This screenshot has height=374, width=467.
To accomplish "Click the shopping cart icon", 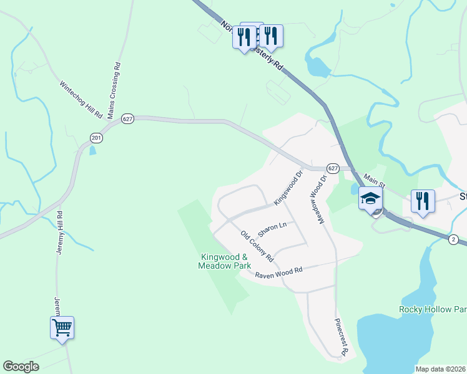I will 62,327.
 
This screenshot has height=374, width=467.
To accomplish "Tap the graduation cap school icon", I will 370,198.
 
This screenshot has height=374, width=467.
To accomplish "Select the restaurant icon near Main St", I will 423,201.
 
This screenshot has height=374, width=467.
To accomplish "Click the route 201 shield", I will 96,137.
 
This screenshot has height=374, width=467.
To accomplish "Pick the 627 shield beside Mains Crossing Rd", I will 127,118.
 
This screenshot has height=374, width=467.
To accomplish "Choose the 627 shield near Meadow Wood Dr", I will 332,168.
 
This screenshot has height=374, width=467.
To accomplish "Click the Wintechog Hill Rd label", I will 81,100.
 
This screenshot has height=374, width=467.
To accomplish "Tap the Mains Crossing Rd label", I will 114,90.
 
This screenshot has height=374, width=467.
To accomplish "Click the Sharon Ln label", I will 272,228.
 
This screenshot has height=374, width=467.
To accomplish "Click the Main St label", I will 376,181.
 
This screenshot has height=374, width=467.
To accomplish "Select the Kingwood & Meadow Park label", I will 224,261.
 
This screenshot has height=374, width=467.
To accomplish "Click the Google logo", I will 21,367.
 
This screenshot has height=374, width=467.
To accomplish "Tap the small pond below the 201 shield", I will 93,150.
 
